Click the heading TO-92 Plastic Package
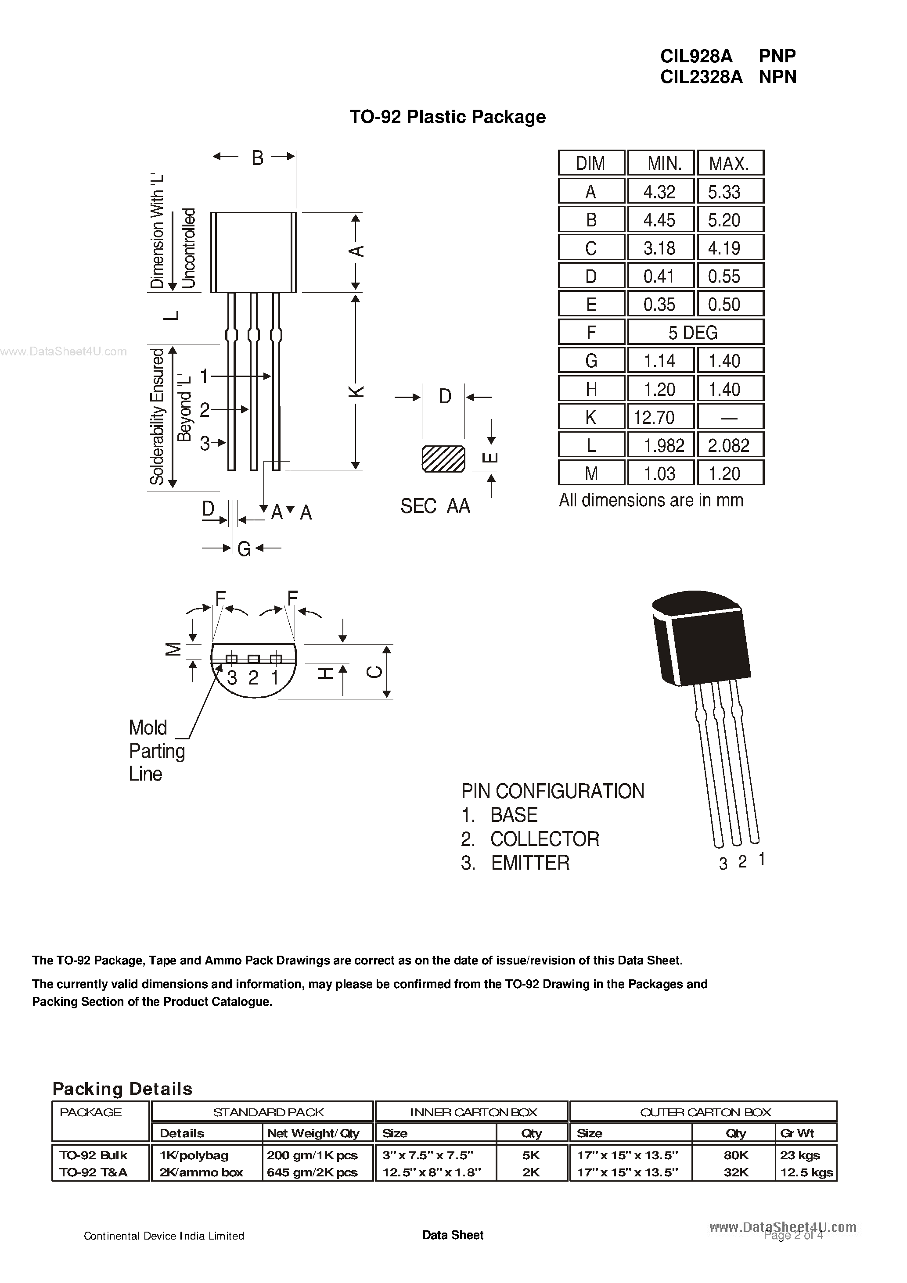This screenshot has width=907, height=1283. click(447, 117)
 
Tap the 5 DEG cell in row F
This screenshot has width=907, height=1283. click(693, 333)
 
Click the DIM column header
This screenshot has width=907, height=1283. click(590, 164)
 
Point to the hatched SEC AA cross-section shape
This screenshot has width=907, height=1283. click(443, 459)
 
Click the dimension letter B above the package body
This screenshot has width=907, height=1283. click(257, 158)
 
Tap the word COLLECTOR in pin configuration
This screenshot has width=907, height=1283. click(545, 839)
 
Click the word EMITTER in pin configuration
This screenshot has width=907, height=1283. click(530, 863)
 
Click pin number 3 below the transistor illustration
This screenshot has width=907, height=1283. click(723, 864)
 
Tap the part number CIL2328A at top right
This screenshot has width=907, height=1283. click(701, 76)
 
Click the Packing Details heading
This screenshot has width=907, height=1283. click(122, 1089)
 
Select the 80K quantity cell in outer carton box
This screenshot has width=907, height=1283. click(736, 1155)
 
